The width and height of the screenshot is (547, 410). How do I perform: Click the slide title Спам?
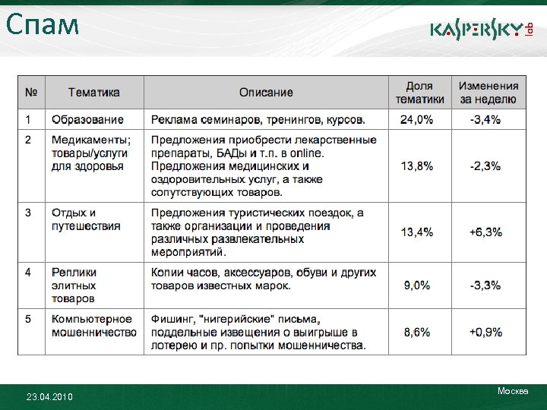pos(43,25)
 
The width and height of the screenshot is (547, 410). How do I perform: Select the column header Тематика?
pos(93,93)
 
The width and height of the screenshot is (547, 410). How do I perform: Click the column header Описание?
pos(266,93)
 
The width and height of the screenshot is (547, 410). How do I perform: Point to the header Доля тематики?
pos(419,93)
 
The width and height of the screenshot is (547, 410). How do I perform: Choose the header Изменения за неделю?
pos(489,93)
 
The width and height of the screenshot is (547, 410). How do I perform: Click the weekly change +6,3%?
pos(485,232)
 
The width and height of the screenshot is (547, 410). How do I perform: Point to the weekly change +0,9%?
pos(485,333)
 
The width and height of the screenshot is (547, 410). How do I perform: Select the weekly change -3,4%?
pos(485,120)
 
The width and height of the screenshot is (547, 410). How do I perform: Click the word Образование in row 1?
pos(87,120)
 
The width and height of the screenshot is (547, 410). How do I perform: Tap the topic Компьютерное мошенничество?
pos(93,326)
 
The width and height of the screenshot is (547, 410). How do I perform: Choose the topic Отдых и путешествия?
pos(86,219)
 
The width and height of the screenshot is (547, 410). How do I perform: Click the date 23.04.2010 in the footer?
pos(49,396)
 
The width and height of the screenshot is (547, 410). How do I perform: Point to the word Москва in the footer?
pos(513,391)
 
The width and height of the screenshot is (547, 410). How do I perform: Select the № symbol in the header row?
pos(30,93)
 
